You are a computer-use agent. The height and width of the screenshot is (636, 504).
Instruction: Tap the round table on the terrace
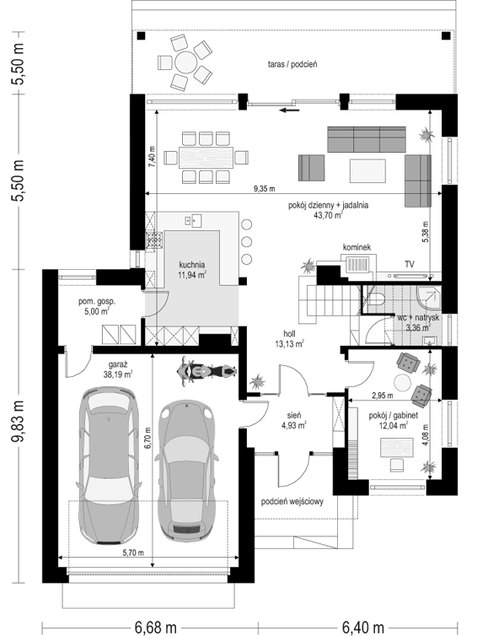click(x=185, y=62)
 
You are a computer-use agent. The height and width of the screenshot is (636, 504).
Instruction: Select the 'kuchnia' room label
click(x=192, y=265)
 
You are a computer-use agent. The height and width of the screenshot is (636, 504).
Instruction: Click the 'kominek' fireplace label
click(x=357, y=247)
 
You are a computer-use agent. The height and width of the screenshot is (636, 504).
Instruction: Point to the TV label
click(x=410, y=264)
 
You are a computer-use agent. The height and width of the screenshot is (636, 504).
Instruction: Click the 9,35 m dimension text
click(x=264, y=189)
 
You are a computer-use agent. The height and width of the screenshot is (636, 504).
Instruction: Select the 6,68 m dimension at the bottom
click(x=156, y=628)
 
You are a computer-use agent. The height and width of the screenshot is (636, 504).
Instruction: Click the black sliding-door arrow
click(x=290, y=110)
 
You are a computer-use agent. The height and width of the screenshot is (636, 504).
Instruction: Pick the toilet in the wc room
click(x=377, y=298)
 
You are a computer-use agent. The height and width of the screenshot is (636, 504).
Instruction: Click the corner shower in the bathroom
click(x=429, y=298)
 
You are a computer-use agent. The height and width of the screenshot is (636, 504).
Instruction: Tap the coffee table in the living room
click(x=367, y=170)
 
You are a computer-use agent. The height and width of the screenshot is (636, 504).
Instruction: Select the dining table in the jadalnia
click(x=206, y=158)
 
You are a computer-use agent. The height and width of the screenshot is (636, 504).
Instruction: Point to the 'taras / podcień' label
click(x=292, y=64)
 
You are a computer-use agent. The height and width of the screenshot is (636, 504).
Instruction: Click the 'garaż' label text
click(x=117, y=364)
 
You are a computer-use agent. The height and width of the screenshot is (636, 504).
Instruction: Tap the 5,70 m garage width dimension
click(x=133, y=552)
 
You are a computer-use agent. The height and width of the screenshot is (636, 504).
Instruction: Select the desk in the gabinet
click(x=397, y=448)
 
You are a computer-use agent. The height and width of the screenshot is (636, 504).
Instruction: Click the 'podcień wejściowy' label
click(x=292, y=502)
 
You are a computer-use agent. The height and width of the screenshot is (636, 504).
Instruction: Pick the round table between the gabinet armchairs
click(x=404, y=382)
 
